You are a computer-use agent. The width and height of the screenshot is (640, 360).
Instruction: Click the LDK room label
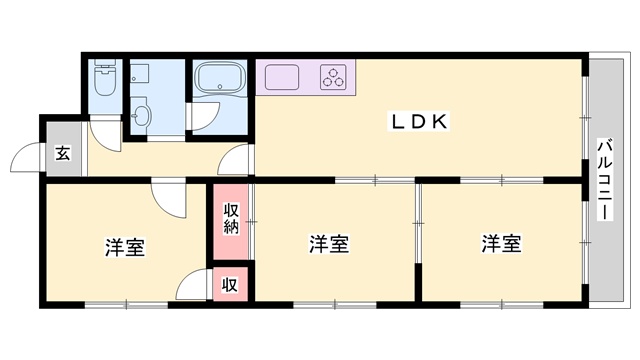(420, 121)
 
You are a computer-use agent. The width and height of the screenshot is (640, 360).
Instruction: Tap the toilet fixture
(105, 78)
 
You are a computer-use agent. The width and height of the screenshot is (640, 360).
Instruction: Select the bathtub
(220, 78)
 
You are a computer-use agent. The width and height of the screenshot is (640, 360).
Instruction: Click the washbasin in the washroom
(141, 113)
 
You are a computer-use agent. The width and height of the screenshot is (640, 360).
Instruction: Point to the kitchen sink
(282, 77)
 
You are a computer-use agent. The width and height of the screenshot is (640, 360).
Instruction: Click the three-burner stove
(333, 77)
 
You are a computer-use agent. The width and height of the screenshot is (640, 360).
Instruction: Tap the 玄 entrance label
(63, 154)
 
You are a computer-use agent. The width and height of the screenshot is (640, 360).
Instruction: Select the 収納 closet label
(231, 219)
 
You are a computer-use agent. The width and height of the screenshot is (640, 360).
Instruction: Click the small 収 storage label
(229, 285)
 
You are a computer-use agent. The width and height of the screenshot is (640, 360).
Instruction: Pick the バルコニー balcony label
(605, 180)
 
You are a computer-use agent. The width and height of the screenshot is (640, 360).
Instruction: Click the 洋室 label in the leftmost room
(125, 247)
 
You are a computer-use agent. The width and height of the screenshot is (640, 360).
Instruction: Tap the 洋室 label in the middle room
(329, 244)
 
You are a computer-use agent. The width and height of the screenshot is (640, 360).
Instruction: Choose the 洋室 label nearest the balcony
(502, 243)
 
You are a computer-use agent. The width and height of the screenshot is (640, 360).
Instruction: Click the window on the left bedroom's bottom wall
(127, 304)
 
